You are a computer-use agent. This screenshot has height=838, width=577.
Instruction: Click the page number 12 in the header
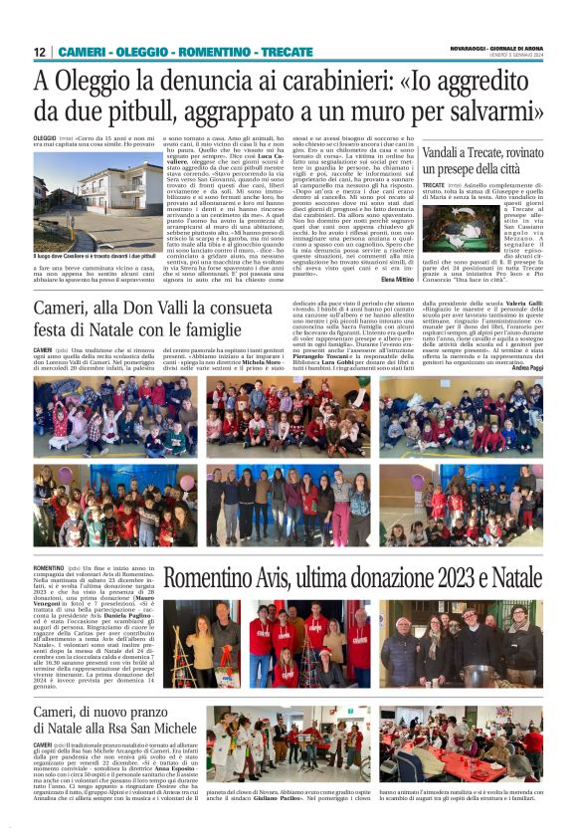pyautogui.click(x=39, y=52)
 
